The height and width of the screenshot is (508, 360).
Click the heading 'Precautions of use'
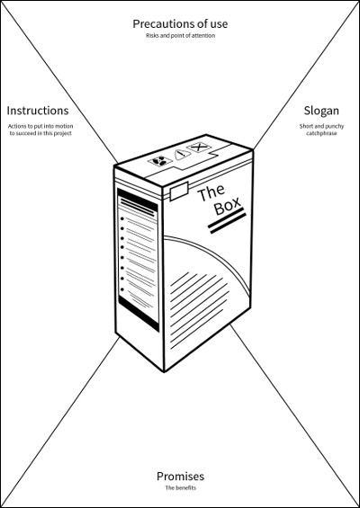coord(180,24)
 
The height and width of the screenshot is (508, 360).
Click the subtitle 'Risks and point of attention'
coord(180,35)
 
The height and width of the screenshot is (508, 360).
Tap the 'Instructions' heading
coord(38,111)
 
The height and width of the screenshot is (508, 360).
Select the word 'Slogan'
coord(321,111)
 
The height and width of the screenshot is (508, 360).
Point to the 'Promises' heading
coord(180,476)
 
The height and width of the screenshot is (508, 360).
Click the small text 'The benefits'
coord(180,487)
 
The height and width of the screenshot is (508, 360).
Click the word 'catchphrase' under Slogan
coord(321,133)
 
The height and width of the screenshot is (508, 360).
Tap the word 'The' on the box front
coord(211,192)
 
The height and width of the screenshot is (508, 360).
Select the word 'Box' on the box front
coord(228,205)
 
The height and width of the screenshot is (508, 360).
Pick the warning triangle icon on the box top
coord(182,154)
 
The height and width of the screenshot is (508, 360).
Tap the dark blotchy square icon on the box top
coord(160,160)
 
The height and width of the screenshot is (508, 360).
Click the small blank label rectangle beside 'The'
coord(179,191)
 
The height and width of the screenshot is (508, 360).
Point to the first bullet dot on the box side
coord(121,218)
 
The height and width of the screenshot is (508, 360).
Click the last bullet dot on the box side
coord(121,290)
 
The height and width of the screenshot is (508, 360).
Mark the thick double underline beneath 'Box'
coord(227,221)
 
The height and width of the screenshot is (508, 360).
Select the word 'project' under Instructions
coord(63,133)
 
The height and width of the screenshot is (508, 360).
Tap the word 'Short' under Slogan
coord(306,126)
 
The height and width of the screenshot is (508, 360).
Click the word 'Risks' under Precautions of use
coord(152,35)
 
